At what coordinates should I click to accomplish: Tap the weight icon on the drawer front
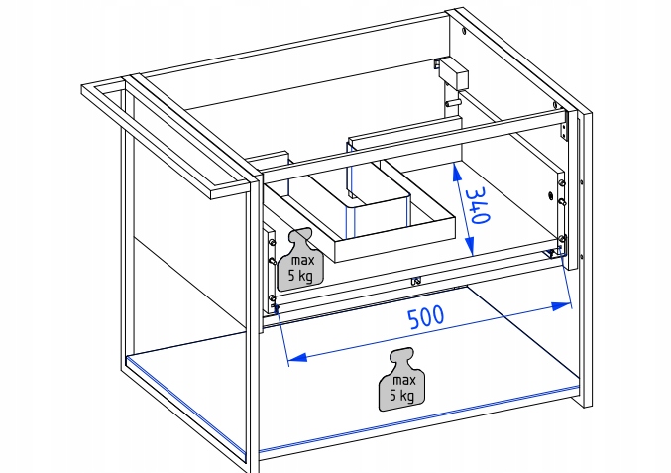298,260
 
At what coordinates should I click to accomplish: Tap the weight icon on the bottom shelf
401,378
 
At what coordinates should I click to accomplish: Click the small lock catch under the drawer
416,279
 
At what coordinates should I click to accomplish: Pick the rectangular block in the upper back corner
454,74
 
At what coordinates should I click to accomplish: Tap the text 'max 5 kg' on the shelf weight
402,388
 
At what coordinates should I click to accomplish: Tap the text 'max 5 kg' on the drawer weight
299,270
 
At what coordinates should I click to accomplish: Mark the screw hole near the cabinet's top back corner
465,31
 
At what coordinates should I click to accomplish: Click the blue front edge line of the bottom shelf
416,415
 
